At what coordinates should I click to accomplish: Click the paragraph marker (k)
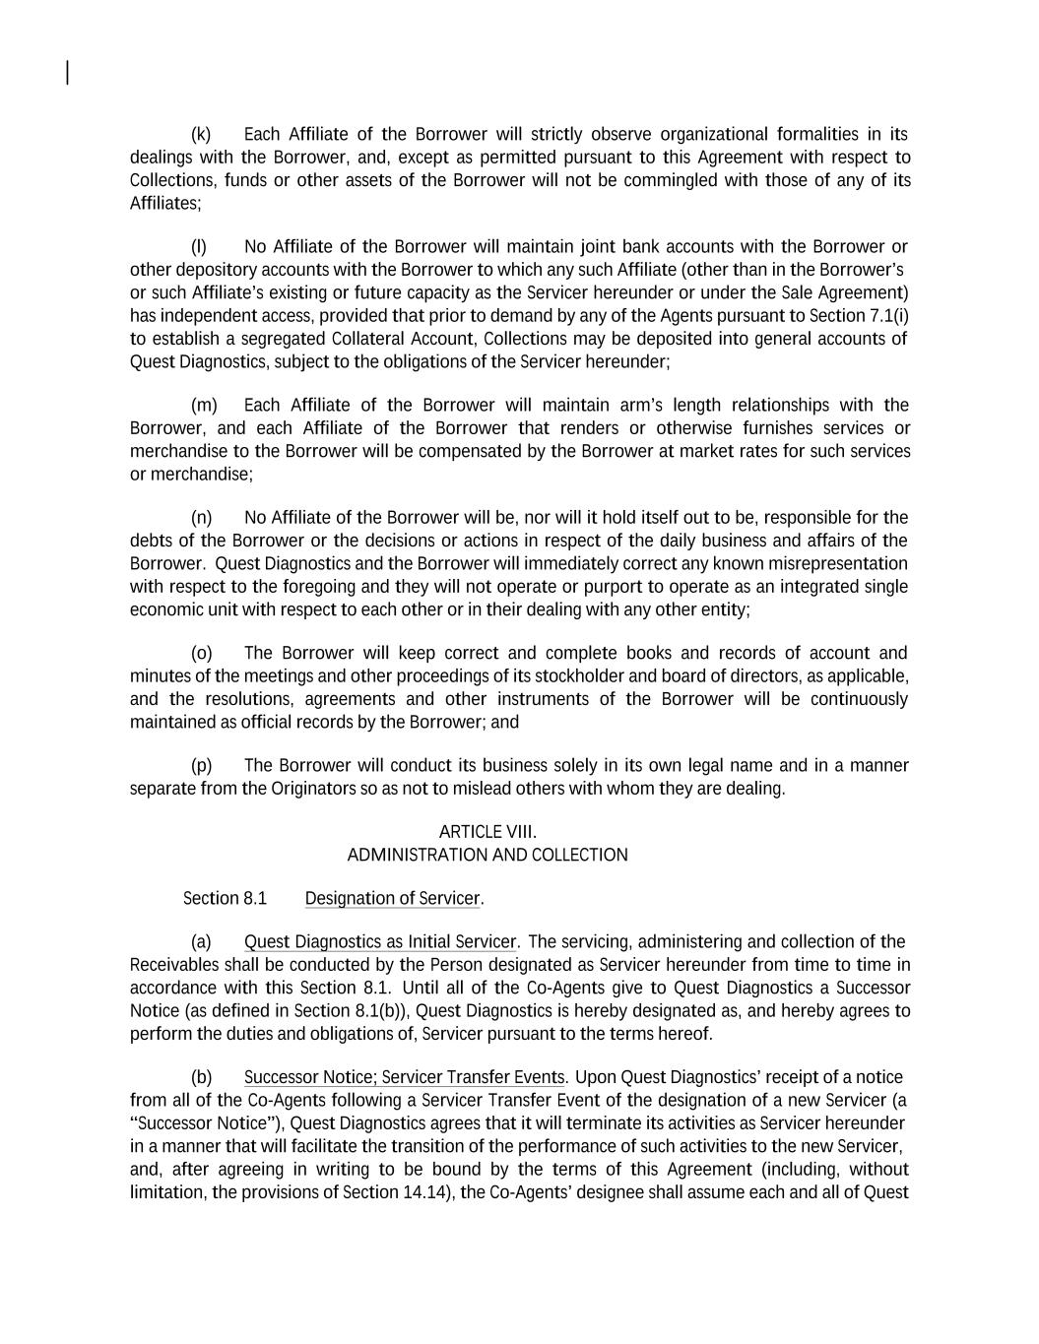(x=200, y=135)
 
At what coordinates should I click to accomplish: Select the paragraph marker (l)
(x=199, y=247)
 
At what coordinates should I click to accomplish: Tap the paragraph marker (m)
(x=203, y=406)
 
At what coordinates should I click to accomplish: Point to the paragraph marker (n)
(x=201, y=518)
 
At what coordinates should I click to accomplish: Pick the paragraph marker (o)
(x=201, y=654)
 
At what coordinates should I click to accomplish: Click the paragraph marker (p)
(x=201, y=766)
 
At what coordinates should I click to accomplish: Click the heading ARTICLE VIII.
(x=487, y=832)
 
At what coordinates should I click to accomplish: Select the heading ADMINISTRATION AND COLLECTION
(x=487, y=855)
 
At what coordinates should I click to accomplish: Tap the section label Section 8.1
(x=225, y=899)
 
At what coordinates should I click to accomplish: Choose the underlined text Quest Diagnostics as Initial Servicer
(x=379, y=942)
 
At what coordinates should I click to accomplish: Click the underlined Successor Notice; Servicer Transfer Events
(x=404, y=1078)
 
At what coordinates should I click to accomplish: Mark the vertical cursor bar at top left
(x=67, y=73)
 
